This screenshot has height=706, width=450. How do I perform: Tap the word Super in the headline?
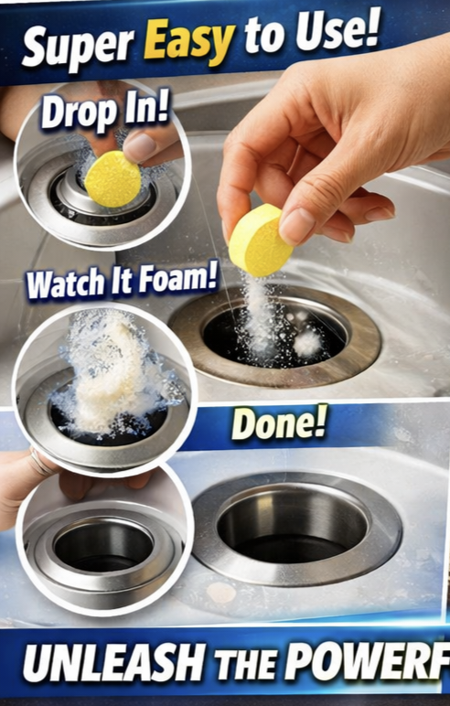tap(79, 48)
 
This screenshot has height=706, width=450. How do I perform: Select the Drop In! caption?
tap(105, 112)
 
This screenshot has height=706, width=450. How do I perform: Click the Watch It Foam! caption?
tap(122, 281)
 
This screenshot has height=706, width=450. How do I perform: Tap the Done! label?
tap(279, 423)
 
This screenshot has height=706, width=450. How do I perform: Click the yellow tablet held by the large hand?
tap(260, 240)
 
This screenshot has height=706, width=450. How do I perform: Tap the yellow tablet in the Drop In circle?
tap(112, 179)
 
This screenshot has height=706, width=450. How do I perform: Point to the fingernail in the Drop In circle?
tap(139, 147)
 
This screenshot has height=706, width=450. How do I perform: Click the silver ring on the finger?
tap(39, 463)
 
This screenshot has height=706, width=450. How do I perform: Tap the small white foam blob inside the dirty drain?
tap(308, 343)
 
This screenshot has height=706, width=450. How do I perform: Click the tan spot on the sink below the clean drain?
tap(221, 593)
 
